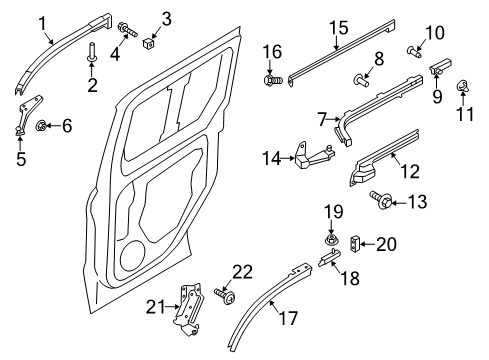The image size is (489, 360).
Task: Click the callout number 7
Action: pyautogui.click(x=321, y=119)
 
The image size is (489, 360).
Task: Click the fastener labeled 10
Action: pyautogui.click(x=415, y=49)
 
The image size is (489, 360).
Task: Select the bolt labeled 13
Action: pyautogui.click(x=385, y=202)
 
